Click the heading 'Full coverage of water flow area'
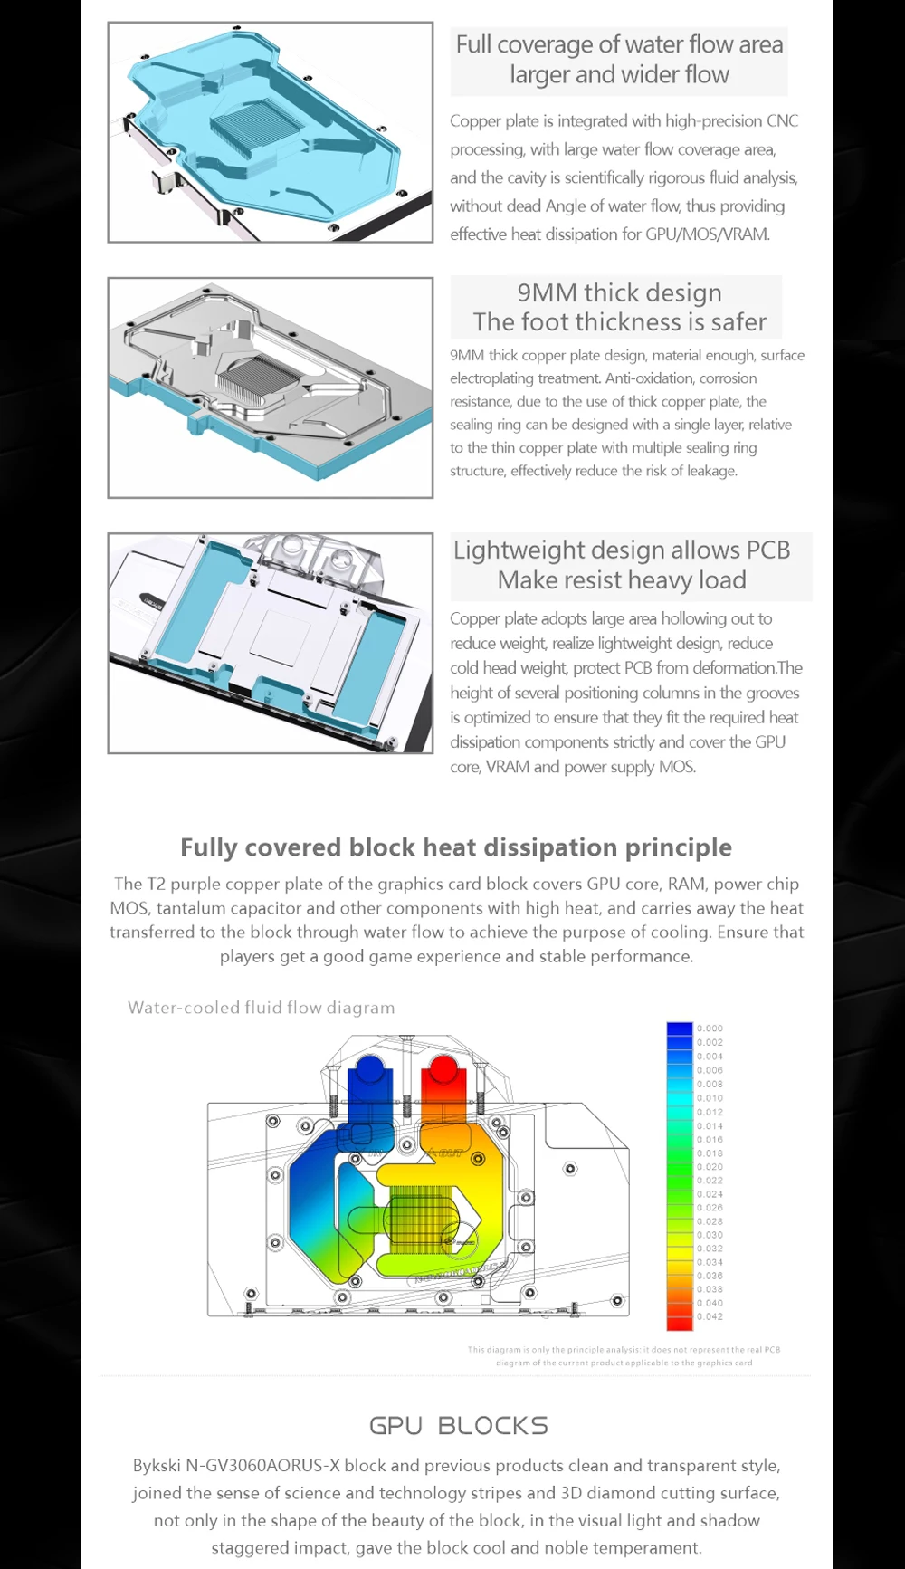pyautogui.click(x=619, y=44)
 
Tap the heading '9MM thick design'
pyautogui.click(x=619, y=292)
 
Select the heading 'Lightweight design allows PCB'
pyautogui.click(x=622, y=550)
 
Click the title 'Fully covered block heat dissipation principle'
pyautogui.click(x=456, y=847)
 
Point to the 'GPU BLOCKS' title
pyautogui.click(x=458, y=1425)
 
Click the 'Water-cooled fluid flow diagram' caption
pyautogui.click(x=262, y=1008)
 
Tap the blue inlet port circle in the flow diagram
pyautogui.click(x=369, y=1069)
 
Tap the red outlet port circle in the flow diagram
pyautogui.click(x=442, y=1069)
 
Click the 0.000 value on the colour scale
pyautogui.click(x=710, y=1028)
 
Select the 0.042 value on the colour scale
pyautogui.click(x=710, y=1316)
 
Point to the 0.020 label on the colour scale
pyautogui.click(x=710, y=1167)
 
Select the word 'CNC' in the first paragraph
pyautogui.click(x=782, y=120)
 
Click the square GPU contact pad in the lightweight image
pyautogui.click(x=280, y=636)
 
